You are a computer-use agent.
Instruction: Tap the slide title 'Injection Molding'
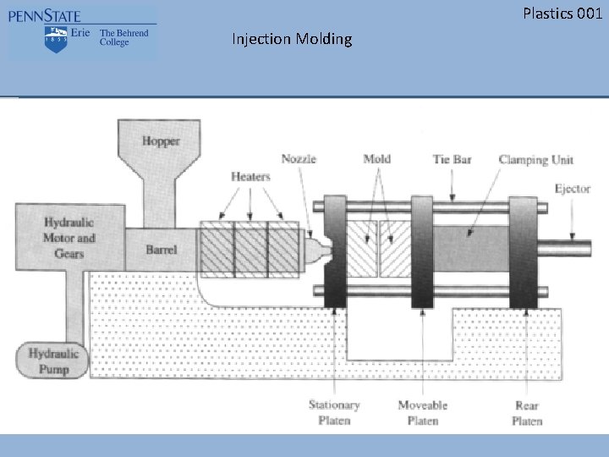[x=292, y=39]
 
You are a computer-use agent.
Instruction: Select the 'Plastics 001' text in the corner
[x=562, y=13]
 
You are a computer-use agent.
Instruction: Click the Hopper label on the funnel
[x=161, y=141]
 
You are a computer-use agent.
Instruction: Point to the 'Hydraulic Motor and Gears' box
[x=69, y=238]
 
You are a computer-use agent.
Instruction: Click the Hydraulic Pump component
[x=53, y=361]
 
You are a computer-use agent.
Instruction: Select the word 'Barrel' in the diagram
[x=161, y=250]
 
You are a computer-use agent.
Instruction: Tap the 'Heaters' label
[x=250, y=177]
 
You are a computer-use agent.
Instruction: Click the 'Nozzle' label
[x=299, y=159]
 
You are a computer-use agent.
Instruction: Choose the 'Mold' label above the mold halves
[x=376, y=159]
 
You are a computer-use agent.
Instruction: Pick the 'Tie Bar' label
[x=452, y=159]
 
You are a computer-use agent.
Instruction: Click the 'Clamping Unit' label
[x=535, y=159]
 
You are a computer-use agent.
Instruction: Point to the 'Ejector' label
[x=573, y=188]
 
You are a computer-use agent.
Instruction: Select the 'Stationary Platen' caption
[x=334, y=413]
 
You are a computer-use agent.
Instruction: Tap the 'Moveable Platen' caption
[x=422, y=413]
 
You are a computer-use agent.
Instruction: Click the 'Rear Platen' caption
[x=527, y=413]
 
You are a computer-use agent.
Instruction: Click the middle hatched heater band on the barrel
[x=250, y=250]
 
